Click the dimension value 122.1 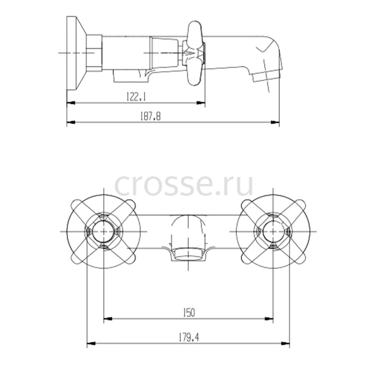[136, 96]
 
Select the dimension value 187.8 [151, 116]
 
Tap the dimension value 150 [189, 312]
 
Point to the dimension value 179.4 [189, 338]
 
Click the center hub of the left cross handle [104, 231]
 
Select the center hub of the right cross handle [273, 231]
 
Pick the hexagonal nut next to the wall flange [94, 53]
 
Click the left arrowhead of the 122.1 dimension [71, 103]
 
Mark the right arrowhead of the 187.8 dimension [275, 122]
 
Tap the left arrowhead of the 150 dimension [108, 319]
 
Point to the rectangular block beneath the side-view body [131, 76]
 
